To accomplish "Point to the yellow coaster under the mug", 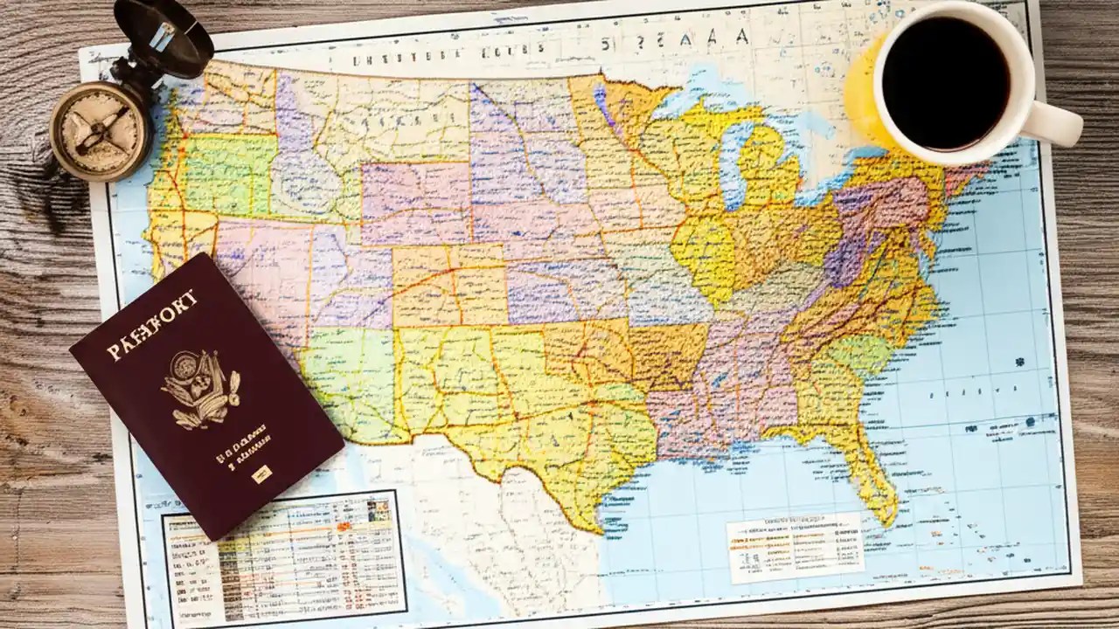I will coord(861,96).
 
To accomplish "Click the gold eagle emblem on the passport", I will coord(200,389).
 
